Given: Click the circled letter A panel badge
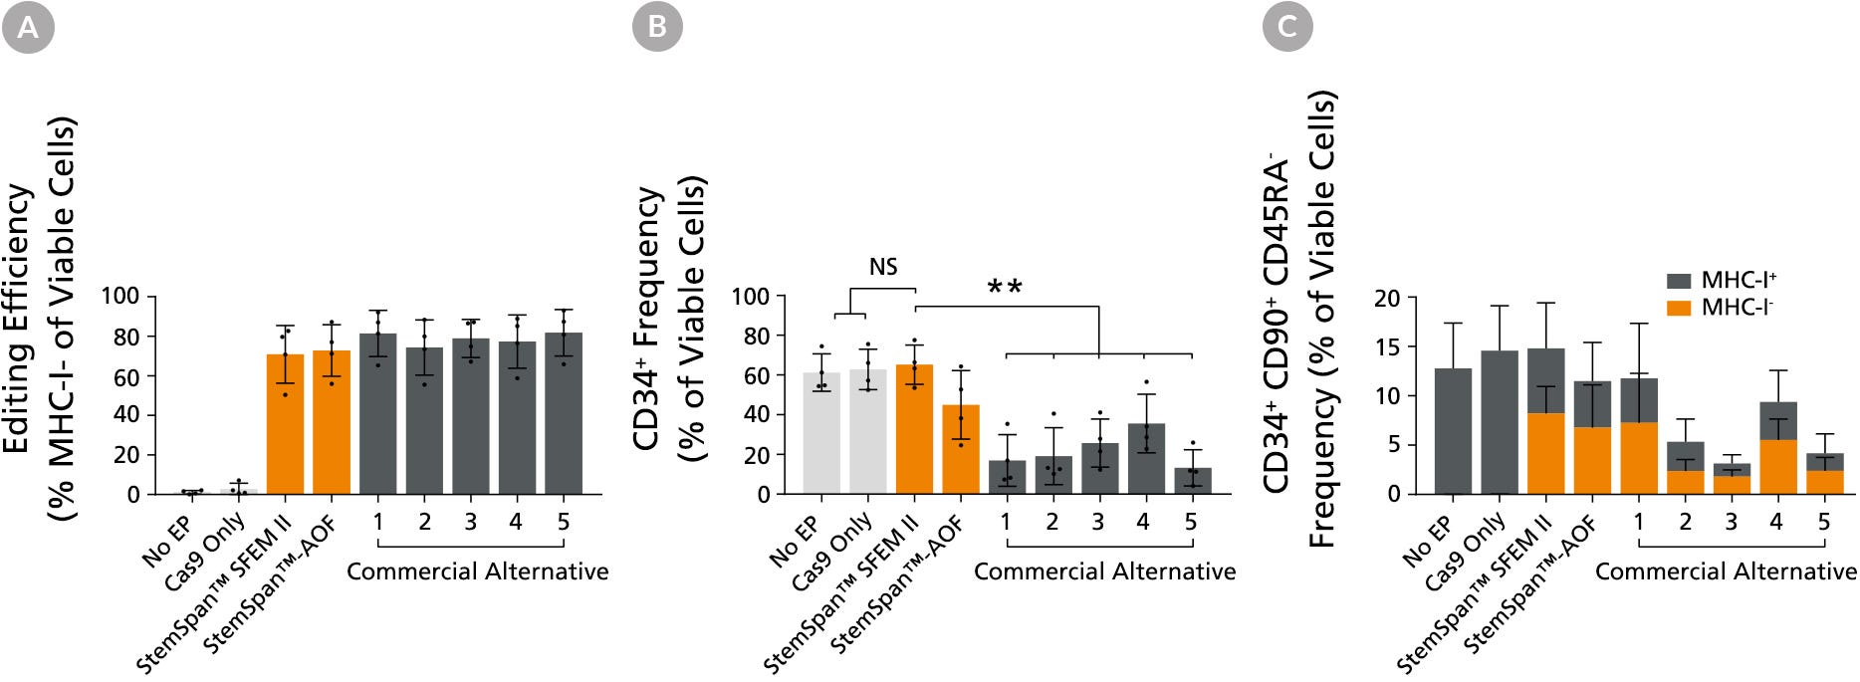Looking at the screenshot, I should [28, 27].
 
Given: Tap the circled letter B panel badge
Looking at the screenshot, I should [657, 27].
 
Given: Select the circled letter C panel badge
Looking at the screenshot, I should [1287, 27].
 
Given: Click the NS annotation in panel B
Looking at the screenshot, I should [883, 267].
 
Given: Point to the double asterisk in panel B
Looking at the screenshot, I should [1005, 289].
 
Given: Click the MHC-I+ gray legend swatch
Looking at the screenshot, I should [1679, 282].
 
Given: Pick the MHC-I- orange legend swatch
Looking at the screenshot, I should [1679, 308].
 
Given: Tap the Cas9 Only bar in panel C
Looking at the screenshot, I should [1500, 422].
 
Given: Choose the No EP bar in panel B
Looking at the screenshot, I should [821, 434].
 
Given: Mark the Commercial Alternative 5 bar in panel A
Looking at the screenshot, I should [564, 414].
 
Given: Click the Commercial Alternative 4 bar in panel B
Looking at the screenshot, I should [1146, 459].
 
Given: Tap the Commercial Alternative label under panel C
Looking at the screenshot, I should [1726, 571].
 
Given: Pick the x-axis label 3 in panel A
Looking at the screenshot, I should [470, 522].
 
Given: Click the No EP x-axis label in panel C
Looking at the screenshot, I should [1427, 542].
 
